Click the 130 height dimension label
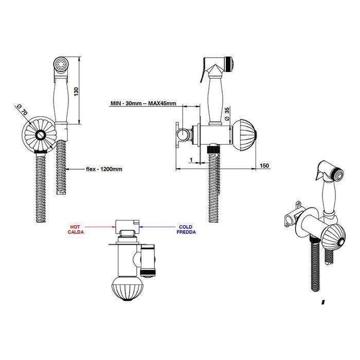tap(77, 92)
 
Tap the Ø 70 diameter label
tap(22, 110)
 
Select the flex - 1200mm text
tap(104, 169)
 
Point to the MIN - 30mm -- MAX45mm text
tap(143, 103)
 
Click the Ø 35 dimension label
tap(227, 114)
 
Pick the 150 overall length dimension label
tap(264, 166)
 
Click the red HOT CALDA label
tap(76, 229)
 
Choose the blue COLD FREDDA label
tap(186, 229)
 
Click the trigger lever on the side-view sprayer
tap(203, 70)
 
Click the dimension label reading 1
tap(191, 159)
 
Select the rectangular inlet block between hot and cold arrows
tap(127, 227)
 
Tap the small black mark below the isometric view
tap(323, 302)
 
